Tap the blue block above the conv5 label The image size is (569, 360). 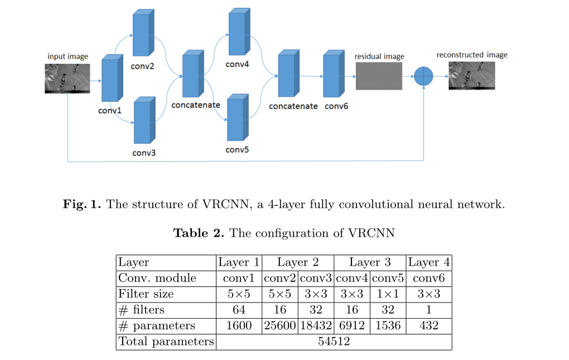237,118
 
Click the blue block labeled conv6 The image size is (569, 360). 333,75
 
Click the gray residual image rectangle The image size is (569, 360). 378,76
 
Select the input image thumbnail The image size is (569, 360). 67,79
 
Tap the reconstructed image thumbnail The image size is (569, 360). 471,76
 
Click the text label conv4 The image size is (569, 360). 237,65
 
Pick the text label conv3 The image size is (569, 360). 144,153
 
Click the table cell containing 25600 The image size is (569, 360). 279,325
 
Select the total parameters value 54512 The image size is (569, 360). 334,342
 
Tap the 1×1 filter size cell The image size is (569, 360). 388,294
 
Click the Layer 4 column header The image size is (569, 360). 428,262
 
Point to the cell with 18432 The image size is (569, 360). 316,325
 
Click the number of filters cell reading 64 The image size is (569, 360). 238,309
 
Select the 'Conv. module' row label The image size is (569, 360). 157,278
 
